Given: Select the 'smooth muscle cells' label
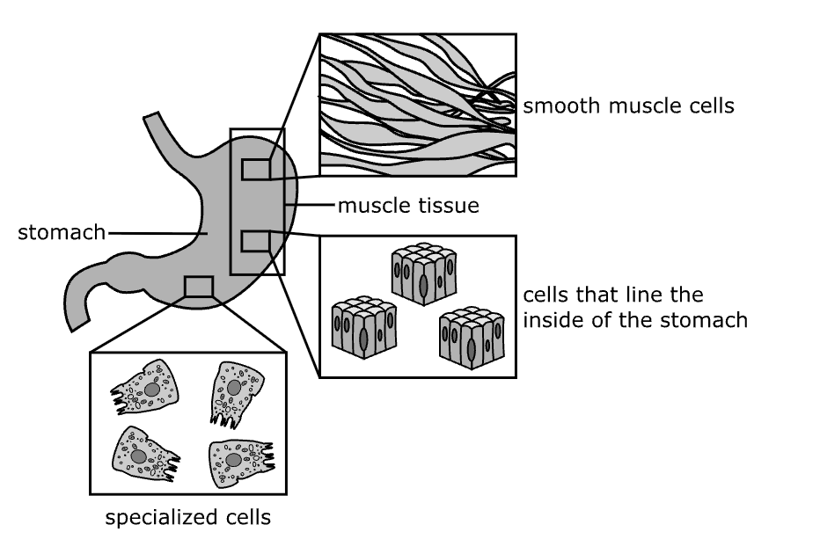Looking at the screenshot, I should (628, 107).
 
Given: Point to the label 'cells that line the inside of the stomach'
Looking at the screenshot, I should (634, 306).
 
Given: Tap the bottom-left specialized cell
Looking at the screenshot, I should (143, 453).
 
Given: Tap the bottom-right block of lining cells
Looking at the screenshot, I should (472, 336).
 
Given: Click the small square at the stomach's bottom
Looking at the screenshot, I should (198, 288).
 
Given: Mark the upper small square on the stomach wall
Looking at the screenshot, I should (256, 169).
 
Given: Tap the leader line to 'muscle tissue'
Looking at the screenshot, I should (313, 207).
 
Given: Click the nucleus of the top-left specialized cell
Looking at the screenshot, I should (151, 388).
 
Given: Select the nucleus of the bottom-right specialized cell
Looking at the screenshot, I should (233, 460).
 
